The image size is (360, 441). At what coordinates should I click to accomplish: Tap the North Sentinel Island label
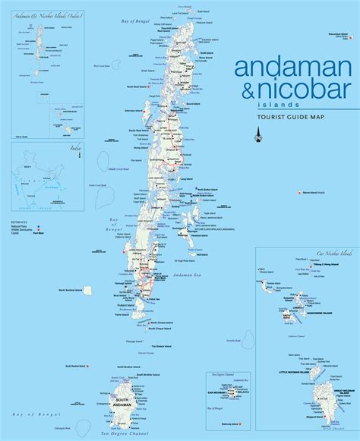tap(71, 290)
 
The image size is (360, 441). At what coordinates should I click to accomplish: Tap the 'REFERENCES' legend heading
tap(21, 222)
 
